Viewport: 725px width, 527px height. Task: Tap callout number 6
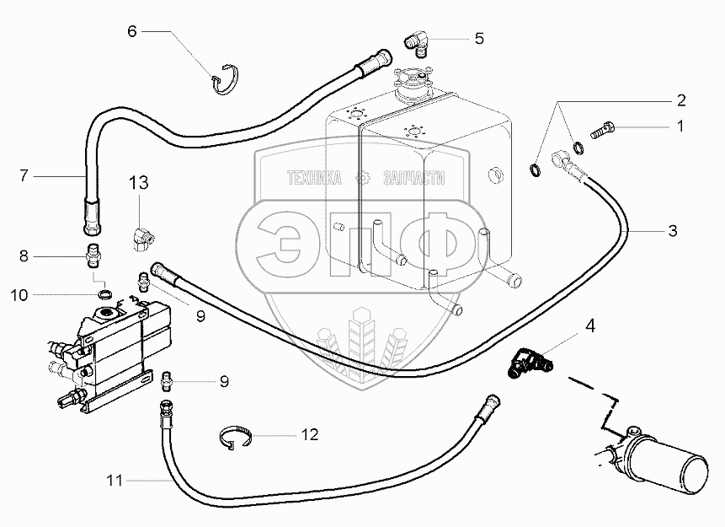point(131,31)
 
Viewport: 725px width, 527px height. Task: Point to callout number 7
point(24,175)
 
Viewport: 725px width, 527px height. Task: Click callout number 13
point(138,183)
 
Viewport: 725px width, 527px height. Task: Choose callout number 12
point(310,435)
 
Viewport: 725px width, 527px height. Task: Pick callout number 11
point(115,481)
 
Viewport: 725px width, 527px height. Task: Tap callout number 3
point(673,229)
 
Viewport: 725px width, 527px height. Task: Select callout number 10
point(20,294)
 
